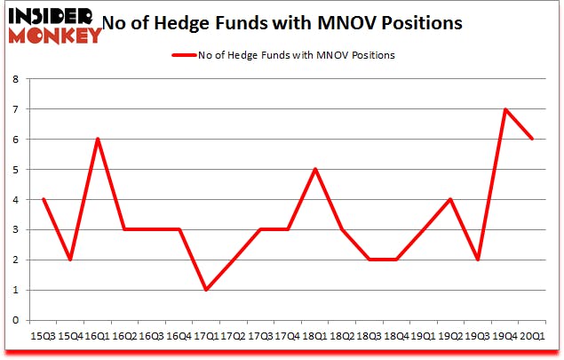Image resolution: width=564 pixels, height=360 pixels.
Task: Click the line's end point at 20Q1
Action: click(x=531, y=140)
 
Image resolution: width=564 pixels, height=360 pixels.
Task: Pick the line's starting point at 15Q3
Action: click(x=43, y=199)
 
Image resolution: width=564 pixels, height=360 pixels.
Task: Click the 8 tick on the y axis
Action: click(x=17, y=79)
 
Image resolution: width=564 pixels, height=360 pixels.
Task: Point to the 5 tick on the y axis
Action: click(x=17, y=170)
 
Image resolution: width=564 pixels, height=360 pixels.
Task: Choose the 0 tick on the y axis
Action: click(x=17, y=320)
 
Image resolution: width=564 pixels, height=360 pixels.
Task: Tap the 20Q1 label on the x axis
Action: click(x=531, y=337)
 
